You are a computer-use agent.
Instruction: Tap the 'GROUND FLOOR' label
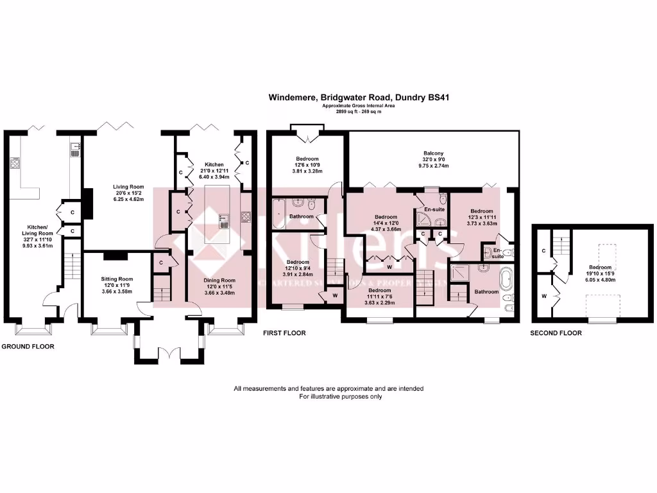[28, 346]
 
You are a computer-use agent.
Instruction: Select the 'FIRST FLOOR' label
[284, 333]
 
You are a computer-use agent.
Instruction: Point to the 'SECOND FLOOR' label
[556, 333]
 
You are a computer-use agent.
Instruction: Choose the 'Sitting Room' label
[116, 279]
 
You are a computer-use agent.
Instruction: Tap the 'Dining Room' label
[220, 281]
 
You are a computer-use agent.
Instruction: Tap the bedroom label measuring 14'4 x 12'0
[386, 216]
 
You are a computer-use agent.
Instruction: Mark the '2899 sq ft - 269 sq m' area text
[359, 112]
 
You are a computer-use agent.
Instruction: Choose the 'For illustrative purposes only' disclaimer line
[341, 397]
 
